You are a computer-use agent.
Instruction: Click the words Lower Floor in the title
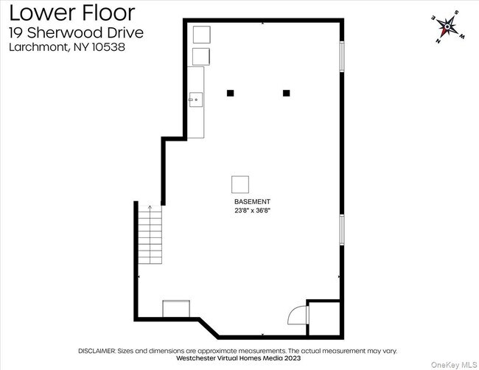coord(72,13)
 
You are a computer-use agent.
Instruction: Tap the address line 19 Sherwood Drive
coord(76,32)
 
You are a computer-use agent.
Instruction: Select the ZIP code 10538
coord(106,47)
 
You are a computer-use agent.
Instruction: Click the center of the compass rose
coord(446,28)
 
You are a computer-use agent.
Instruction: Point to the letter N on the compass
coord(438,41)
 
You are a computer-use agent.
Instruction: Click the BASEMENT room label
coord(252,201)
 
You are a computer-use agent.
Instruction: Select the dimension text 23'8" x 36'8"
coord(252,210)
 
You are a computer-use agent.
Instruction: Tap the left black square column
coord(230,93)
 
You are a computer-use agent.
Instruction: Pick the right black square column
coord(287,93)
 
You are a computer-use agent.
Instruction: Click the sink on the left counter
coord(196,98)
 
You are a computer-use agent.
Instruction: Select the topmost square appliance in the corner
coord(201,35)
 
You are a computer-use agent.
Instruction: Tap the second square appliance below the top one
coord(201,57)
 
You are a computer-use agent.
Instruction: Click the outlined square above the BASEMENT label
coord(240,184)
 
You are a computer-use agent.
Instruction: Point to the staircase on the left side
coord(150,234)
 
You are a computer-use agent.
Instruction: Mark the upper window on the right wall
coord(341,57)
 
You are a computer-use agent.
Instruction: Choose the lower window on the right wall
coord(341,240)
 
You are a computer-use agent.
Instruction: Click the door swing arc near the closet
coord(296,315)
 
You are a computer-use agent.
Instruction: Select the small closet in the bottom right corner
coord(323,318)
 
